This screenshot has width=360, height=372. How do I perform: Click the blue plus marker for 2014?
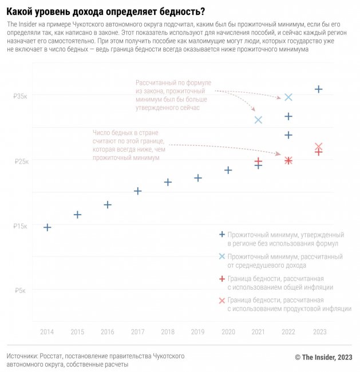(x=48, y=228)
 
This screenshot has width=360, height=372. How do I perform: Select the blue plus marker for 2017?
(x=138, y=191)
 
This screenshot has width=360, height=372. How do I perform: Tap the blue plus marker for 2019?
(x=198, y=178)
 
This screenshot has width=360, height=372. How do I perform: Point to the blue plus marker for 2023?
(x=319, y=89)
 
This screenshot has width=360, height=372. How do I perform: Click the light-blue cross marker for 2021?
(x=258, y=120)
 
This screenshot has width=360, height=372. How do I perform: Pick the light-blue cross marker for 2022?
(x=288, y=97)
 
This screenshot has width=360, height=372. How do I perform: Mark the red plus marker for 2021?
(x=258, y=161)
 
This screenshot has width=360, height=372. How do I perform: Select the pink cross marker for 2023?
(x=319, y=147)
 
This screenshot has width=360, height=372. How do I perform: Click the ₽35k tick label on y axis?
(x=21, y=96)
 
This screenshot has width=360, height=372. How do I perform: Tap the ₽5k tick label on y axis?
(x=22, y=291)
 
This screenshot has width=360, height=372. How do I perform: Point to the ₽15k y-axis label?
(x=21, y=226)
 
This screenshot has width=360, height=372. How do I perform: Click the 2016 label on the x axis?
(x=108, y=332)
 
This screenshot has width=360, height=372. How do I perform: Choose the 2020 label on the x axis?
(x=228, y=332)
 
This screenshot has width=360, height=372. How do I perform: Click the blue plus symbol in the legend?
(x=222, y=235)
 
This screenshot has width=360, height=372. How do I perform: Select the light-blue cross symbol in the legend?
(x=222, y=256)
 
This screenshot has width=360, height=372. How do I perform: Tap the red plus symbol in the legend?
(x=222, y=279)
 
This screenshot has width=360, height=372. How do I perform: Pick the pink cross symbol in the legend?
(x=222, y=300)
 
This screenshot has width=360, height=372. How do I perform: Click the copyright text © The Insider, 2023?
(x=324, y=357)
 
